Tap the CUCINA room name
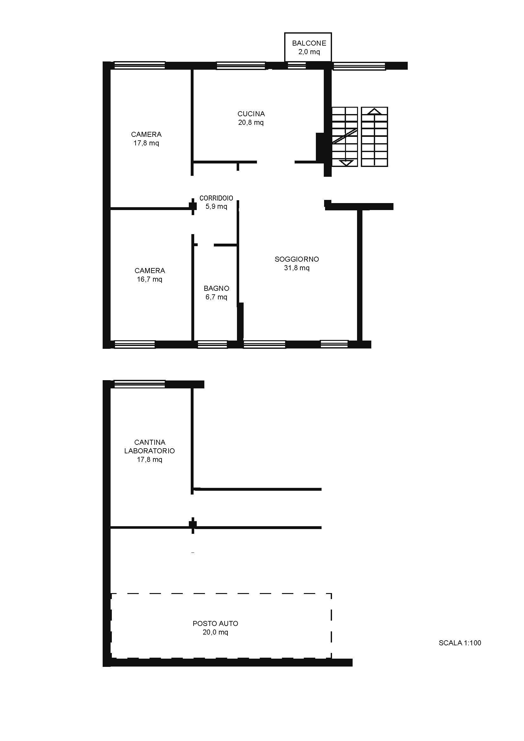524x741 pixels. pos(251,114)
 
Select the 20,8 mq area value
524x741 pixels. pos(251,122)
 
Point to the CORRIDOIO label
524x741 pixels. pos(216,198)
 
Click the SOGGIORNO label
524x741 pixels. pos(297,259)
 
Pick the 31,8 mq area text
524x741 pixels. pos(297,268)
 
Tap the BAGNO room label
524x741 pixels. pos(216,288)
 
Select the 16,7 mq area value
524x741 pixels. pos(150,279)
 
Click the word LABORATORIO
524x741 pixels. pos(150,450)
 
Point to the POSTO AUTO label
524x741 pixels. pos(215,623)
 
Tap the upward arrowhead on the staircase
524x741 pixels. pos(374,111)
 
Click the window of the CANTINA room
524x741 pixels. pos(140,384)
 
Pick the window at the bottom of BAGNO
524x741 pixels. pos(212,345)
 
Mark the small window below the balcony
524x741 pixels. pos(297,66)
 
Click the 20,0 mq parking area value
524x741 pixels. pos(215,632)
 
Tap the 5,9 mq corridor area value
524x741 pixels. pos(216,207)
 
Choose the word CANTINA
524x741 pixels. pos(150,442)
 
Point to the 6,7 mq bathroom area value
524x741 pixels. pos(216,297)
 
